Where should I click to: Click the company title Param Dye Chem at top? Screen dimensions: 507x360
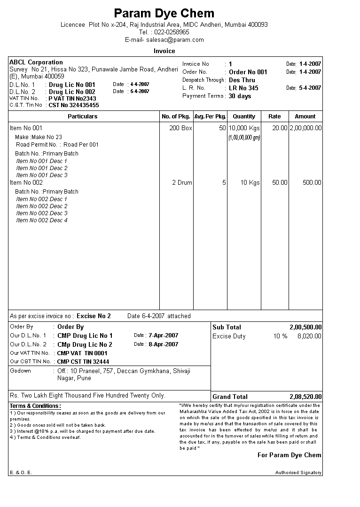(164, 13)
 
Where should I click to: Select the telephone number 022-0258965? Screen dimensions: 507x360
(172, 32)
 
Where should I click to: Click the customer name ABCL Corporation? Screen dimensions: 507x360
(36, 62)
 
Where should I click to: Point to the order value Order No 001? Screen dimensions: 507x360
(248, 72)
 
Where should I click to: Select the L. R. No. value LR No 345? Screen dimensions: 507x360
(243, 88)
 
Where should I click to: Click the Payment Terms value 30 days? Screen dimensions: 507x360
(240, 96)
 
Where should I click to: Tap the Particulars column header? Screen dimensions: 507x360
(83, 117)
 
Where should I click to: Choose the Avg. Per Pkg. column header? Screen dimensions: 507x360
(210, 117)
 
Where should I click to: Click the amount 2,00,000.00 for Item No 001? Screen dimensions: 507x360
(305, 128)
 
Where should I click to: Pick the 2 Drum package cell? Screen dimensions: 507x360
(182, 183)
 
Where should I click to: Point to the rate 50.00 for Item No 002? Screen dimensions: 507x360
(280, 183)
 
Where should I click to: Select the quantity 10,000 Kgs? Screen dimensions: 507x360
(244, 128)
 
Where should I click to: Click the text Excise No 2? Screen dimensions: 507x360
(94, 316)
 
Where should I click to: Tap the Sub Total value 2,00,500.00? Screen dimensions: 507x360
(305, 328)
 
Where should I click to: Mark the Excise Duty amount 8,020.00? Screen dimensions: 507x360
(309, 336)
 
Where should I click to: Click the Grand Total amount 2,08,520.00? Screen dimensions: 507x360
(305, 397)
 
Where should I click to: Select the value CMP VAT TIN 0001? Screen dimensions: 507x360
(82, 353)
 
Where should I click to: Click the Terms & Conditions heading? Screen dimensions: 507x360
(36, 406)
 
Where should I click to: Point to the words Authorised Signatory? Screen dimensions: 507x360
(298, 473)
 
